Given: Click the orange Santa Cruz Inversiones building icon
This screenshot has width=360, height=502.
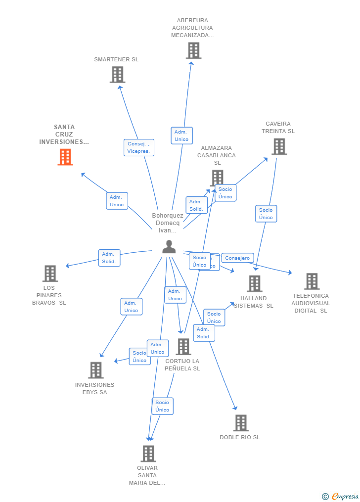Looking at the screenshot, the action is click(x=65, y=157).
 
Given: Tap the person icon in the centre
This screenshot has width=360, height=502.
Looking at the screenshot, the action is click(x=169, y=247).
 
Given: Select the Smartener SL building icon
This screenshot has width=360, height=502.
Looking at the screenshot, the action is click(x=117, y=75).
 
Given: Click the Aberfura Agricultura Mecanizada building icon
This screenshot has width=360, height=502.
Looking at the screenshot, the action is click(x=193, y=50).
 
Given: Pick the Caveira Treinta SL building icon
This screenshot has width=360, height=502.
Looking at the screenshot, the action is click(x=279, y=146).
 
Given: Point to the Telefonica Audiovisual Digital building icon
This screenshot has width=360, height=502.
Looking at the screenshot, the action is click(x=312, y=281).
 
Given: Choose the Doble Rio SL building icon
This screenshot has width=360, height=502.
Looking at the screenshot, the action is click(x=241, y=423).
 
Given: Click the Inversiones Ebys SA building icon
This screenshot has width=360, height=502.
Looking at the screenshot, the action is click(x=95, y=370).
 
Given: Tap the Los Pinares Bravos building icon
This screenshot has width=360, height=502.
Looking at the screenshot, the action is click(x=50, y=274).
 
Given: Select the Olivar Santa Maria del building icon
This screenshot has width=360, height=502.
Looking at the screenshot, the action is click(x=148, y=454).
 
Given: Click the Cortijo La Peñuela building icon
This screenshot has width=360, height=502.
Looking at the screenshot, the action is click(x=183, y=347).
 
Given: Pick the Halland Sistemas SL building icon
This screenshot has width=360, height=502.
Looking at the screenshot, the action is click(x=255, y=283).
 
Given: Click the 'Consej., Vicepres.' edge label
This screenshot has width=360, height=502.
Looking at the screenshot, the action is click(x=138, y=147).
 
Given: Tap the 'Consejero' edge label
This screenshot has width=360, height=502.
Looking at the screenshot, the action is click(x=237, y=258).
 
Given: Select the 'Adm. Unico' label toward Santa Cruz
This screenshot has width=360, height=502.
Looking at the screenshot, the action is click(x=117, y=201).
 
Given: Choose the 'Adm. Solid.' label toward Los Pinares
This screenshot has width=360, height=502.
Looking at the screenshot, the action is click(x=109, y=258).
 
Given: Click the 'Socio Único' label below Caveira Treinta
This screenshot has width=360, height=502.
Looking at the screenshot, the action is click(x=266, y=214).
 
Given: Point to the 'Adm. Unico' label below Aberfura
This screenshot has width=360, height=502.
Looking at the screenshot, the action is click(x=181, y=136).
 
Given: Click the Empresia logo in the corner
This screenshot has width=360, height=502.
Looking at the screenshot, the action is click(x=341, y=496).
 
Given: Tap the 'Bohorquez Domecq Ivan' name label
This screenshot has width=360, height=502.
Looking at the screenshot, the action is click(x=168, y=223).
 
